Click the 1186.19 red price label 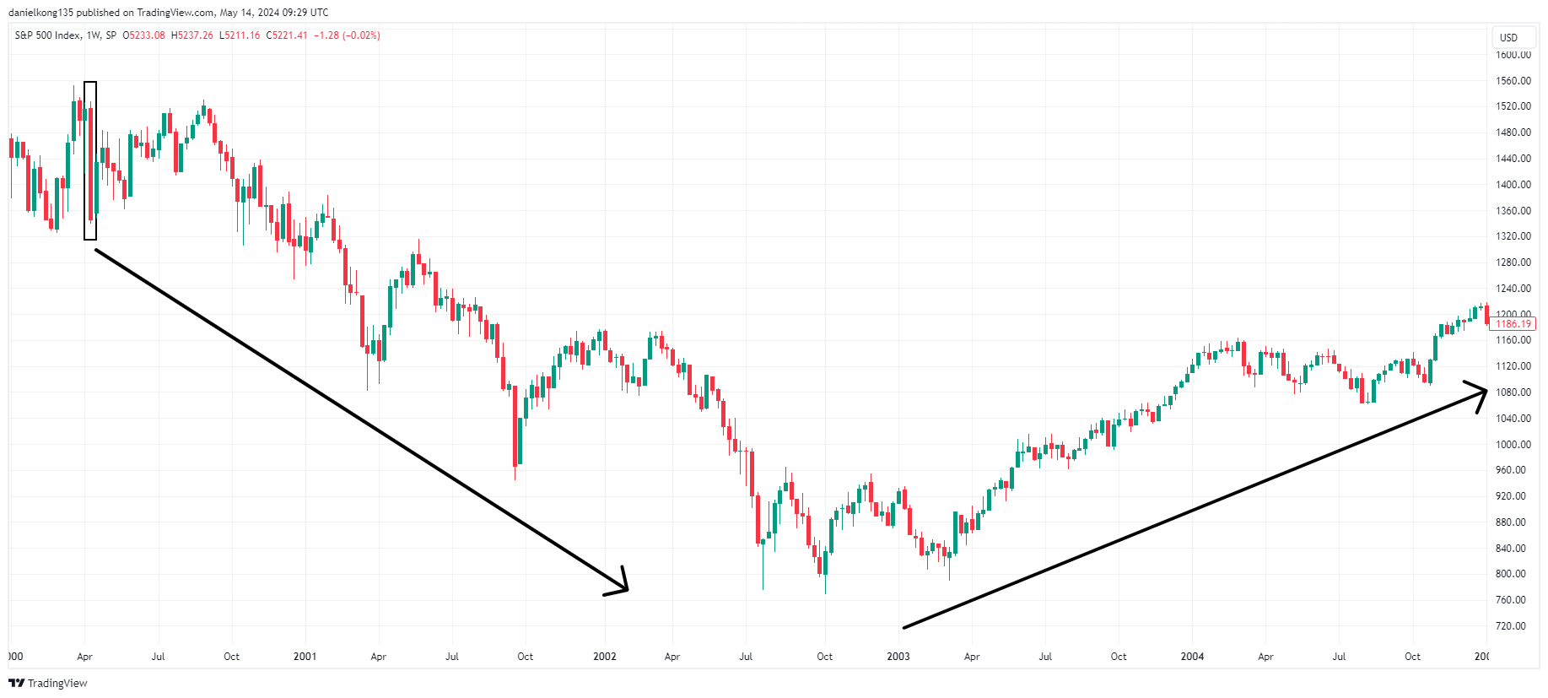tap(1513, 324)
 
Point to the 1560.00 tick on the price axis tap(1513, 81)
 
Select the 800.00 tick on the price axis tap(1510, 574)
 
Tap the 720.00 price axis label tap(1510, 626)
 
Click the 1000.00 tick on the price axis tap(1513, 445)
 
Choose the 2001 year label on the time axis tap(305, 657)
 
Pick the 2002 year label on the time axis tap(605, 657)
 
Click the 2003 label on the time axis tap(898, 657)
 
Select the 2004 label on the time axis tap(1192, 657)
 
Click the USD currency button tap(1508, 38)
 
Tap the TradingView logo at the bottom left tap(48, 683)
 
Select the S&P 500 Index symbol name tap(48, 35)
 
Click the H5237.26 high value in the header tap(192, 35)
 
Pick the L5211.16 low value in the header tap(240, 35)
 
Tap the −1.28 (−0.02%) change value tap(347, 35)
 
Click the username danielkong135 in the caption tap(40, 13)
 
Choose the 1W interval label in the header tap(94, 35)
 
